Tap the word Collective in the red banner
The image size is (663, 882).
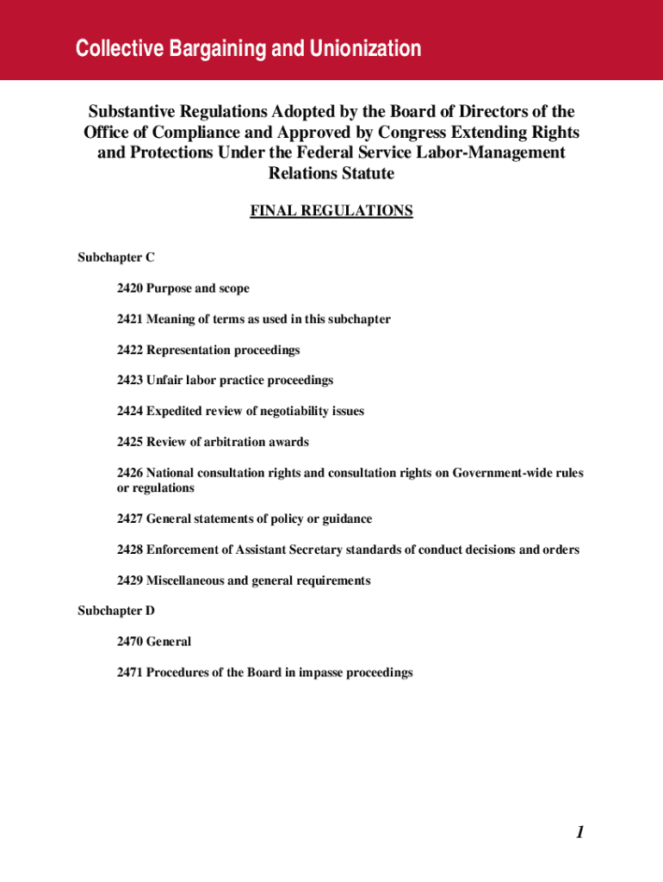coord(112,49)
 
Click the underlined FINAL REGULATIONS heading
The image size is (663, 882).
coord(331,211)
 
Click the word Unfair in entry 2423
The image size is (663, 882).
coord(165,381)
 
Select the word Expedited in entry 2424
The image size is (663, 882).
coord(175,412)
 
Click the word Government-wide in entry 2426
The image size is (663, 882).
coord(500,474)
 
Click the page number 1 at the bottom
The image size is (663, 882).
coord(580,832)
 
